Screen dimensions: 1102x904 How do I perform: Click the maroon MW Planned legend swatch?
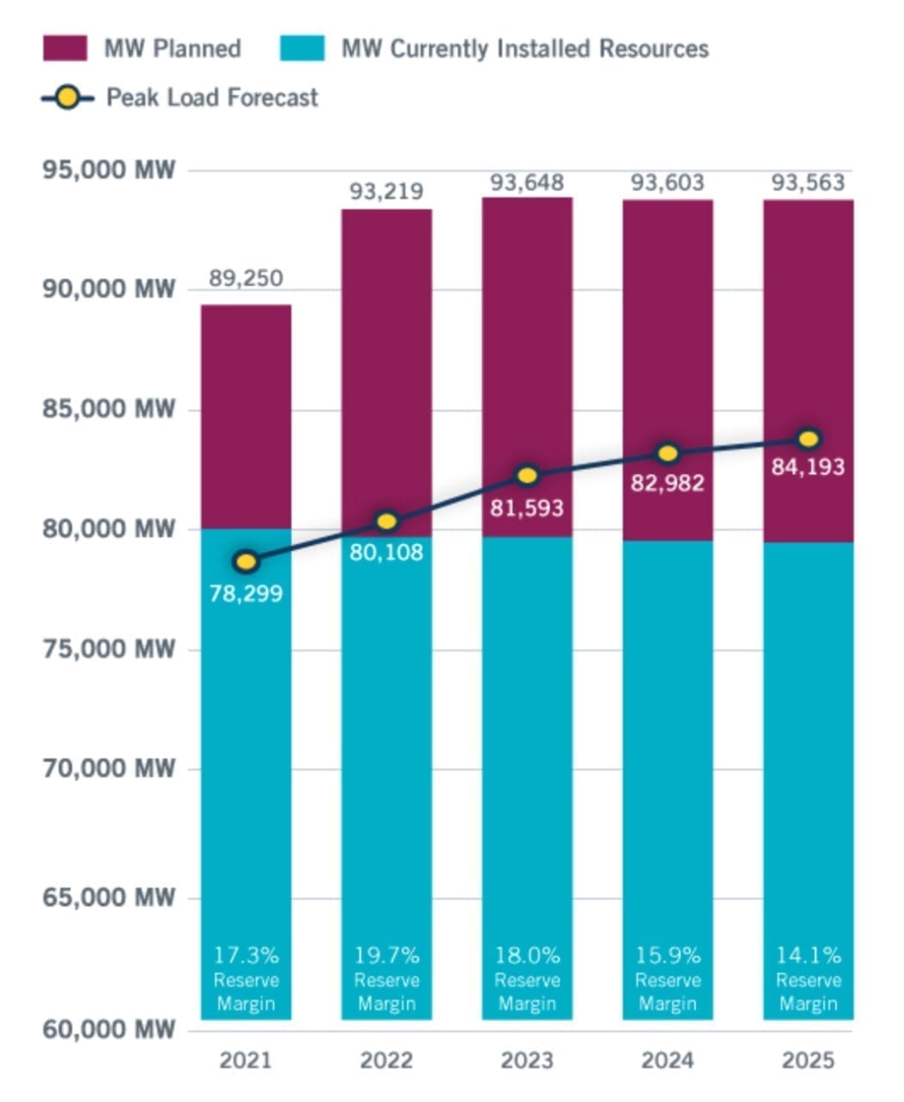tap(65, 48)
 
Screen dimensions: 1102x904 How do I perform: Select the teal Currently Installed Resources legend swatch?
tap(303, 48)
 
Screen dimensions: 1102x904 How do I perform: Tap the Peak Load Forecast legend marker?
tap(68, 97)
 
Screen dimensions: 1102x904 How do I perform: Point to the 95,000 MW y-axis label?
tap(108, 170)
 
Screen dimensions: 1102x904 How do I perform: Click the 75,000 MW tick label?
tap(108, 648)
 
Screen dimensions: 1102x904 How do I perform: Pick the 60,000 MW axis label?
tap(108, 1029)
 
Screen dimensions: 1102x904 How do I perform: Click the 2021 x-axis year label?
tap(245, 1060)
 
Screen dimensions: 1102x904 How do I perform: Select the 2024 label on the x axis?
tap(667, 1060)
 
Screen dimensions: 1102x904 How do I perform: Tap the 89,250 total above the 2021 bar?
tap(246, 279)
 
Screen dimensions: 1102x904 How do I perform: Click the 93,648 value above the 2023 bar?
tap(527, 183)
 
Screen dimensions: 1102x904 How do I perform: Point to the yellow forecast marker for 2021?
tap(247, 562)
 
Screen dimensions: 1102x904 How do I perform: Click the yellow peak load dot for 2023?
tap(527, 475)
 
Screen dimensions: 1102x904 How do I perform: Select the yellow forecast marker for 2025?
tap(808, 439)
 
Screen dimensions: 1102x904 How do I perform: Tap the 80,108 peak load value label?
tap(386, 552)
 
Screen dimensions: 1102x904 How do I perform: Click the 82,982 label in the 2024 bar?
tap(667, 483)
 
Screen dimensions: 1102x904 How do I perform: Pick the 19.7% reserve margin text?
tap(386, 955)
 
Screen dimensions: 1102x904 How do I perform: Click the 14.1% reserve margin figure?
tap(808, 955)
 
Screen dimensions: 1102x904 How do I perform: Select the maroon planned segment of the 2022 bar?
tap(386, 362)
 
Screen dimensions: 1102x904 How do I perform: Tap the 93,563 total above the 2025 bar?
tap(808, 183)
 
